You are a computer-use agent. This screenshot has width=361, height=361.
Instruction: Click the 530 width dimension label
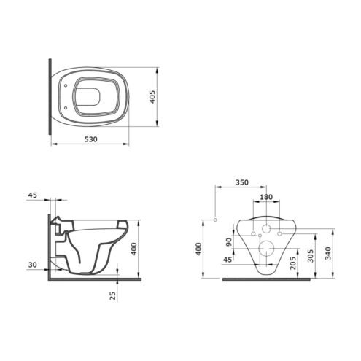90,139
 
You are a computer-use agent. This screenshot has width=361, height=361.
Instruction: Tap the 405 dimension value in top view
152,97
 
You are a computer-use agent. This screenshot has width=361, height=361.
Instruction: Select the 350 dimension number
242,182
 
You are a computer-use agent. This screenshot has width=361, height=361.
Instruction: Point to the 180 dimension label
266,197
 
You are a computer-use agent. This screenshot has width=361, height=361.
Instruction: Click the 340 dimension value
328,253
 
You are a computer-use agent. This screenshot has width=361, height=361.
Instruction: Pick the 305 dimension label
311,255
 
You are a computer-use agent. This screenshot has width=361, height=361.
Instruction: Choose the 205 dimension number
293,263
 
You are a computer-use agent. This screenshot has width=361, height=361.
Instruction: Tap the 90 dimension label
229,242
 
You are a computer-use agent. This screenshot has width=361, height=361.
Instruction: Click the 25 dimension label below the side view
113,295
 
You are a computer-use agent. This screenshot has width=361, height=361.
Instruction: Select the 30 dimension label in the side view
33,265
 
